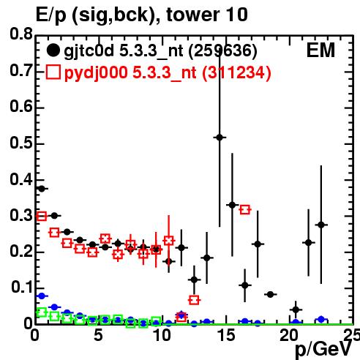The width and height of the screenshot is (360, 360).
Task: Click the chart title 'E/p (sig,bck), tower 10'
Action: point(141,15)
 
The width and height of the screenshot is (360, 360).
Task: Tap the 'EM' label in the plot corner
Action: point(320,50)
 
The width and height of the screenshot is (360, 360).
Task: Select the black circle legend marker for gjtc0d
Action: point(53,50)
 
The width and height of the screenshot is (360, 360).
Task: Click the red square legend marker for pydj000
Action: point(53,72)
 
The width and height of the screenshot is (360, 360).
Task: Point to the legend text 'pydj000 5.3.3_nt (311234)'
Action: point(168,73)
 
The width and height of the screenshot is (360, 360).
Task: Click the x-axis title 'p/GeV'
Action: point(323,350)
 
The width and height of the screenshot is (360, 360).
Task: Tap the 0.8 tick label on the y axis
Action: point(21,34)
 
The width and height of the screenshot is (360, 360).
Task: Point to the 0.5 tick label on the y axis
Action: point(21,143)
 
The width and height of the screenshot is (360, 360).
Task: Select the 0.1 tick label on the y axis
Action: point(22,288)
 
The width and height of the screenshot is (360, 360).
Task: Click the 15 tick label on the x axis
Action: point(227,335)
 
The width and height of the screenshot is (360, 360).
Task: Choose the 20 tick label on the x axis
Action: point(289,335)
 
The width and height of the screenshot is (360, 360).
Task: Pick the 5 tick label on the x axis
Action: point(98,335)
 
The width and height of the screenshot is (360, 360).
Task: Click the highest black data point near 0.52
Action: point(220,138)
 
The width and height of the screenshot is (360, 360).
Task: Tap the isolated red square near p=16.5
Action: point(245,209)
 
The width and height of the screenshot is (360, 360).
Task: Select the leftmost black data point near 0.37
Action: point(42,189)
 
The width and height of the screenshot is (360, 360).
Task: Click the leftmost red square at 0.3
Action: point(42,216)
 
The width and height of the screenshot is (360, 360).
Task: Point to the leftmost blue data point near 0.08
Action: point(42,296)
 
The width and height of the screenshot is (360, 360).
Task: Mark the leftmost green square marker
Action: point(42,312)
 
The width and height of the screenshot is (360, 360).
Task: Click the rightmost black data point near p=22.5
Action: point(321,225)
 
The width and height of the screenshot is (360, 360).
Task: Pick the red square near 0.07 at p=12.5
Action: point(194,300)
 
